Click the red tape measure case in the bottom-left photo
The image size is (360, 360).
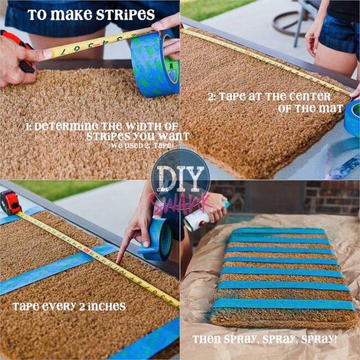pyautogui.click(x=11, y=203)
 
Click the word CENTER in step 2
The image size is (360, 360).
pyautogui.click(x=310, y=97)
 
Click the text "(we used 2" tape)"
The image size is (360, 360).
pyautogui.click(x=141, y=146)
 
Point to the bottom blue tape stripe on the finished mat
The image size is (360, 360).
pyautogui.click(x=284, y=304)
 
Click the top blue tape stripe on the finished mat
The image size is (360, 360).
pyautogui.click(x=279, y=231)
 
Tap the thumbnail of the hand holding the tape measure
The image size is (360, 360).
pyautogui.click(x=48, y=54)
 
